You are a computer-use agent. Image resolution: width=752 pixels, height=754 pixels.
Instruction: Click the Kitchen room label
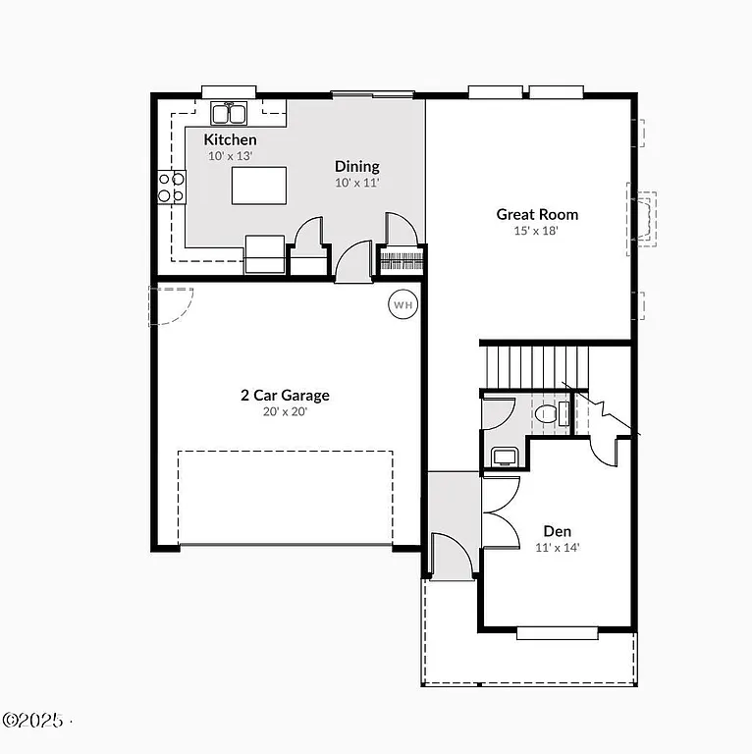(x=230, y=140)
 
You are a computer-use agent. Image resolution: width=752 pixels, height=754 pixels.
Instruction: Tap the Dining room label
(x=356, y=167)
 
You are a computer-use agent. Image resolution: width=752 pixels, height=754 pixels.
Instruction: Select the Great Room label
(x=536, y=214)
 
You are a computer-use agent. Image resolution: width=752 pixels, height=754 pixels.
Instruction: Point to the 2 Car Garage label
(x=285, y=396)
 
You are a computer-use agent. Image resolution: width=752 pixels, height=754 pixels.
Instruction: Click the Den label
(x=557, y=531)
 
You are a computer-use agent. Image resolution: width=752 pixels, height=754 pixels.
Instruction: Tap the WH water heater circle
(x=403, y=304)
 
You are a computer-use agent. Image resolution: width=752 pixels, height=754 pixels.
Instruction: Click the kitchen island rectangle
(x=259, y=186)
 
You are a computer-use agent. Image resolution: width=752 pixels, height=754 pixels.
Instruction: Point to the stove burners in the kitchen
(x=172, y=187)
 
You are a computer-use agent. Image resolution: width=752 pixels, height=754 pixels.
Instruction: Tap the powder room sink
(x=505, y=456)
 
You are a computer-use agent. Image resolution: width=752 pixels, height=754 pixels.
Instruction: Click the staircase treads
(x=536, y=365)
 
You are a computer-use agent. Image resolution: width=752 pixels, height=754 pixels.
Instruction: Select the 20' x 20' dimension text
(x=285, y=412)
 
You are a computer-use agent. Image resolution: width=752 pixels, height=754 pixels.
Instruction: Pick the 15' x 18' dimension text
(x=536, y=232)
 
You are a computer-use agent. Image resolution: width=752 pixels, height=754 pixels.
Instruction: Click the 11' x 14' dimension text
(x=557, y=548)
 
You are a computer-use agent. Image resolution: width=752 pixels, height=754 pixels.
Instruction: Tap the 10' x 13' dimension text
(x=230, y=156)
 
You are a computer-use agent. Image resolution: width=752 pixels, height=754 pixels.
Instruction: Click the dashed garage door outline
(x=285, y=497)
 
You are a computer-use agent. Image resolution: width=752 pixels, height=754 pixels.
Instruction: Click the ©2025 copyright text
(x=33, y=720)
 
